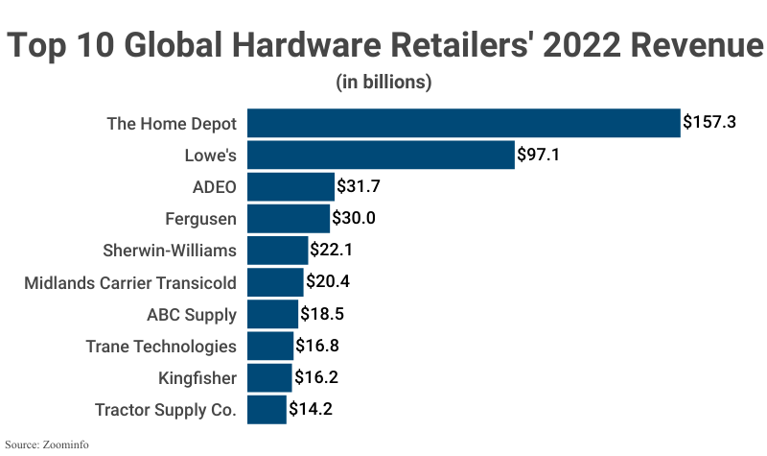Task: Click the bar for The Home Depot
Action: pyautogui.click(x=464, y=123)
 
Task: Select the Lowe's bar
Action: pyautogui.click(x=381, y=155)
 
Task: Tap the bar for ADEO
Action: pyautogui.click(x=291, y=186)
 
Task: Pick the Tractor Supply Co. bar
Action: pyautogui.click(x=267, y=410)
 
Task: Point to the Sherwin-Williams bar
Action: pyautogui.click(x=278, y=251)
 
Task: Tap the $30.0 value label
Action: pyautogui.click(x=353, y=219)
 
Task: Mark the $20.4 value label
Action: pyautogui.click(x=328, y=282)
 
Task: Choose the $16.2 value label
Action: pyautogui.click(x=316, y=378)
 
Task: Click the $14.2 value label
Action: pyautogui.click(x=311, y=410)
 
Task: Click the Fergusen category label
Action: pyautogui.click(x=199, y=219)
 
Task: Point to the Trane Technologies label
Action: pyautogui.click(x=161, y=347)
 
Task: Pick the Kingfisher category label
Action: pyautogui.click(x=198, y=378)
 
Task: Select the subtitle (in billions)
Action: pyautogui.click(x=383, y=82)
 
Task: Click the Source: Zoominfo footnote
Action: pyautogui.click(x=50, y=444)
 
